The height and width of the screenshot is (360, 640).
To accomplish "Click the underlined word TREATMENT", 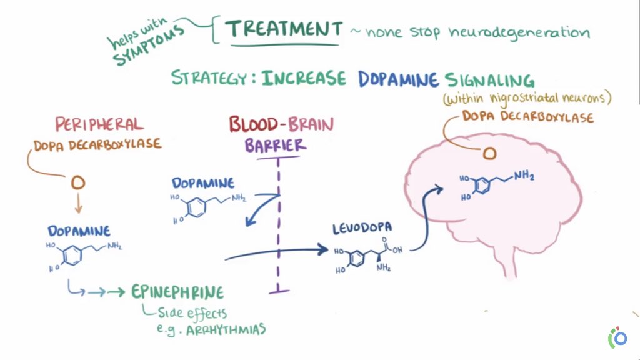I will [284, 29].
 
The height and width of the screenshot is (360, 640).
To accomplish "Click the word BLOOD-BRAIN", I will [281, 124].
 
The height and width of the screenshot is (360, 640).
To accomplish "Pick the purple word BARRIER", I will [276, 146].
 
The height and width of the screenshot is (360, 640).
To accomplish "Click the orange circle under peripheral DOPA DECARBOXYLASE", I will [77, 182].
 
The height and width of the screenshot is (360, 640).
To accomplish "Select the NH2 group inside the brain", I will [526, 177].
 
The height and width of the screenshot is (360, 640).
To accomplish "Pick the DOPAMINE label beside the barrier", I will [203, 183].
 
